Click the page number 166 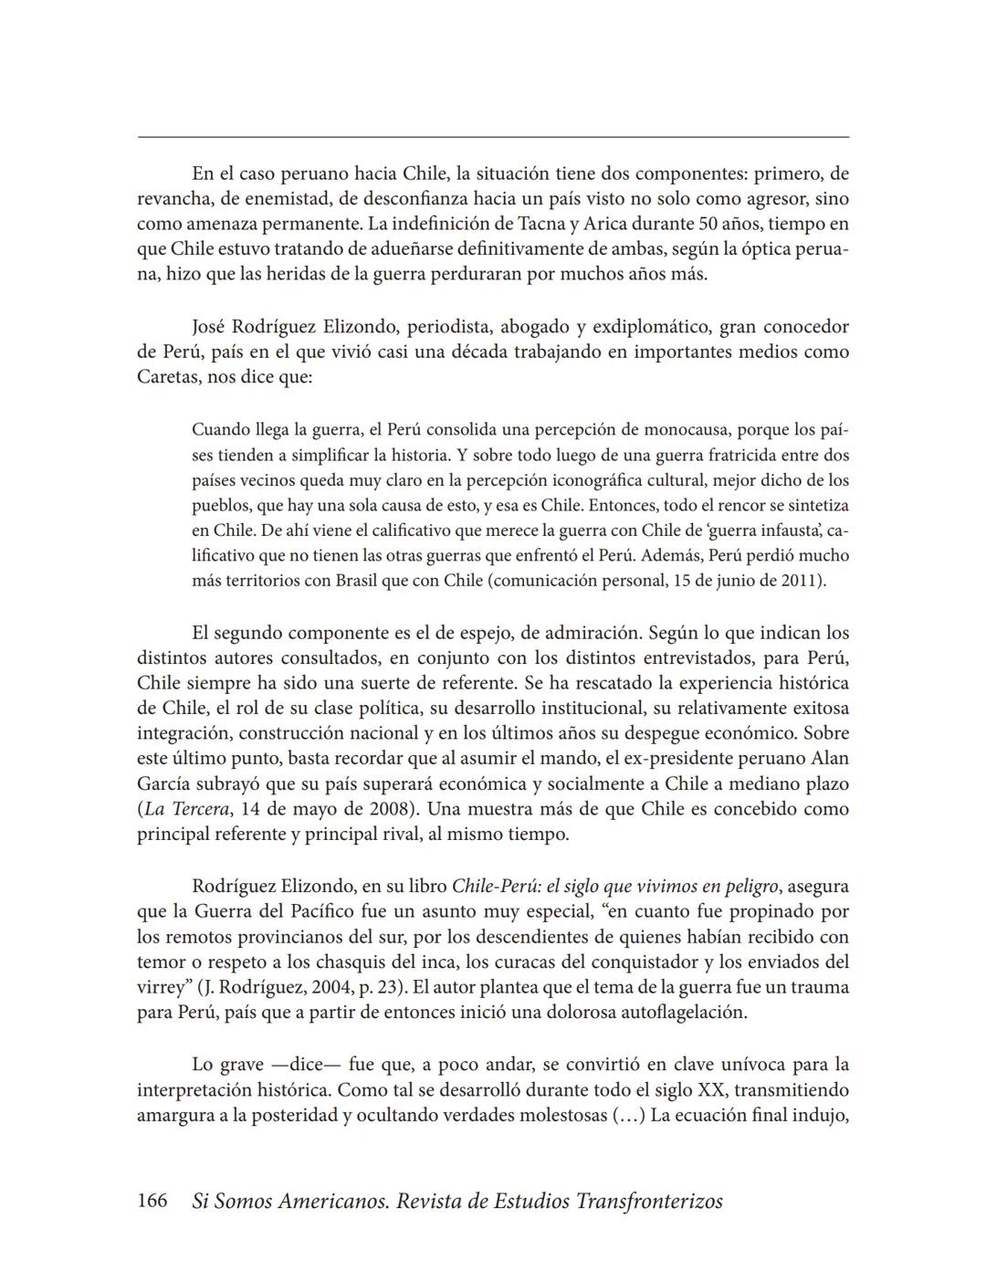click(x=152, y=1201)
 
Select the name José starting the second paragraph click(x=210, y=327)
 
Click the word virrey click(x=163, y=987)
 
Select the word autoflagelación click(x=684, y=1013)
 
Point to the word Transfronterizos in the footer click(x=649, y=1201)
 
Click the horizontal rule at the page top click(x=493, y=138)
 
